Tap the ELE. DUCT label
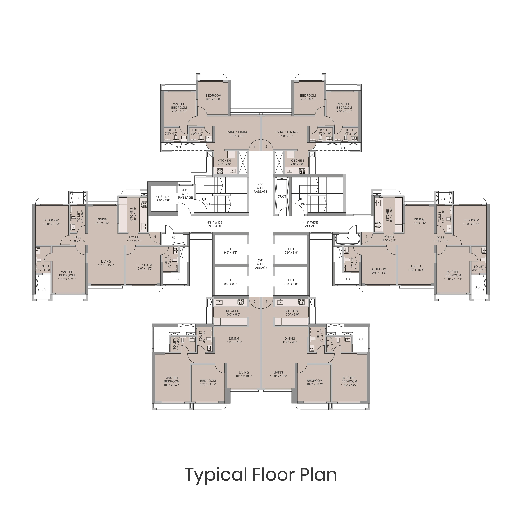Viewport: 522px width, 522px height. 282,195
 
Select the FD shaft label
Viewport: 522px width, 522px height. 173,238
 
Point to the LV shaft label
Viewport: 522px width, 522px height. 347,238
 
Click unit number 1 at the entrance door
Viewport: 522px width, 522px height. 254,147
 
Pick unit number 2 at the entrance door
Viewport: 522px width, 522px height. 266,147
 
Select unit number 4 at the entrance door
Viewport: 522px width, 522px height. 266,301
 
